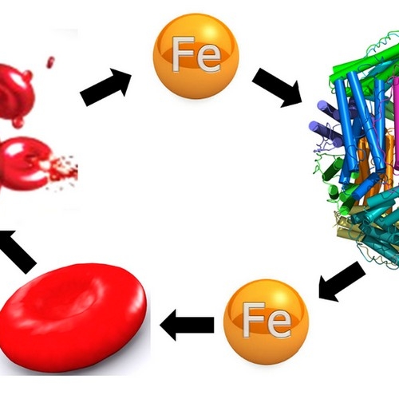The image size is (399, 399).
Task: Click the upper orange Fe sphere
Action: point(196,57)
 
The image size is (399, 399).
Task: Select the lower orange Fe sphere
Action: point(267,322)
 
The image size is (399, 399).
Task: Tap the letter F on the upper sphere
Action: point(183,54)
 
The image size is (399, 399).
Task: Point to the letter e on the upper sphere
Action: point(209,59)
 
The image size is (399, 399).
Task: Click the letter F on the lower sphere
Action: point(253,320)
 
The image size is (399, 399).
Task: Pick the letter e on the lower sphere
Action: point(279,325)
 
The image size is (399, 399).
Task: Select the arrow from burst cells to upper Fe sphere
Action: point(105,87)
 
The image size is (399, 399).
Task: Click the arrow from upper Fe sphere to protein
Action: point(277,87)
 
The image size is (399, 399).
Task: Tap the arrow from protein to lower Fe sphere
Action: point(342,282)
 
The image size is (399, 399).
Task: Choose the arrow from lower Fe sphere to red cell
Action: point(187,325)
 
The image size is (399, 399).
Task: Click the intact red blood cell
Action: point(73,318)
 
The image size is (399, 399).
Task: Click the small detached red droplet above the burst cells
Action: point(50,62)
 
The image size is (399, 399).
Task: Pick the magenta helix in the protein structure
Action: point(396,123)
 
